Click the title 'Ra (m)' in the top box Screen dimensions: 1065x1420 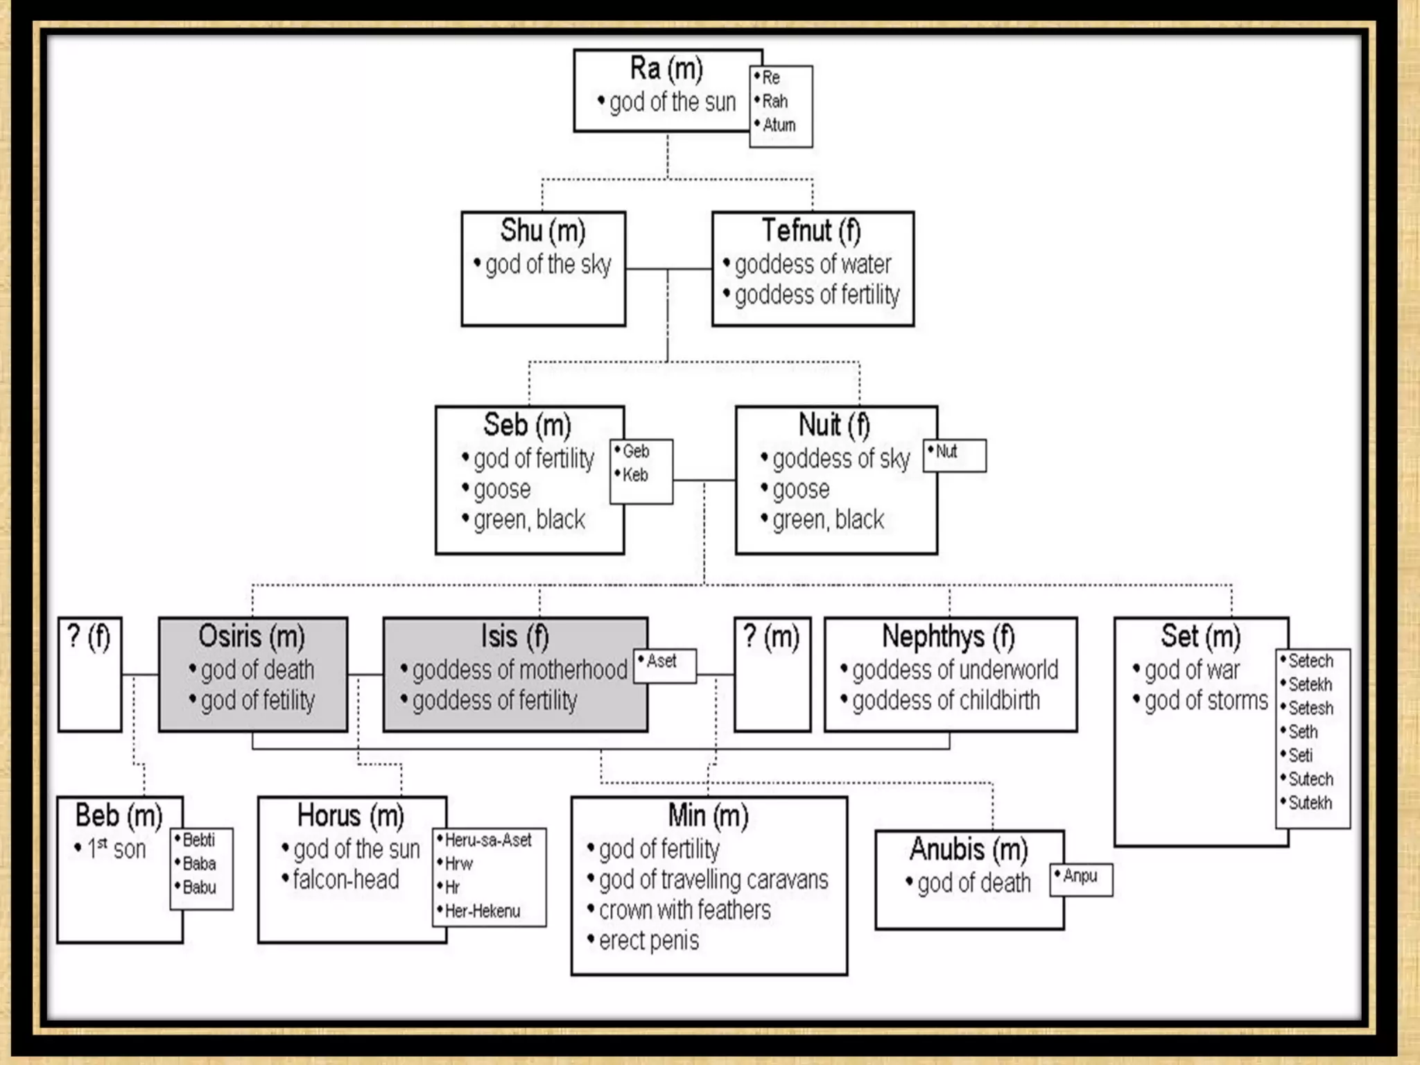pos(666,69)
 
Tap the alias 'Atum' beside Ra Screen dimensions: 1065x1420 pos(779,125)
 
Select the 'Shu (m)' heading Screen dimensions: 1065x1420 pos(543,231)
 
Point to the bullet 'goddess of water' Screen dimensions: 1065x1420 pos(812,264)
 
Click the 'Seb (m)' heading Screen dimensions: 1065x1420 pos(527,425)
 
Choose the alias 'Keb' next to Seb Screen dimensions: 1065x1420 pos(634,475)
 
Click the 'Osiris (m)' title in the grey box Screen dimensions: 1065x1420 pos(252,637)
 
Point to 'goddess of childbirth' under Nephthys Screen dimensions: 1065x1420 pos(946,701)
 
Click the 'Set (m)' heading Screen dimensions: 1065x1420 pos(1201,637)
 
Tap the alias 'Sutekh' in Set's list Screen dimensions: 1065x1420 pos(1310,803)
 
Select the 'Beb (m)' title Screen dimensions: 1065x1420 pos(119,816)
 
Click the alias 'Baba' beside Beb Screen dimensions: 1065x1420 pos(199,864)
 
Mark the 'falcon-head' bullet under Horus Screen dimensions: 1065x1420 pos(345,880)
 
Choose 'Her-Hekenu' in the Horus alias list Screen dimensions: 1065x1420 pos(482,911)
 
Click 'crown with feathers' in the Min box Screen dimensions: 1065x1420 pos(684,910)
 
